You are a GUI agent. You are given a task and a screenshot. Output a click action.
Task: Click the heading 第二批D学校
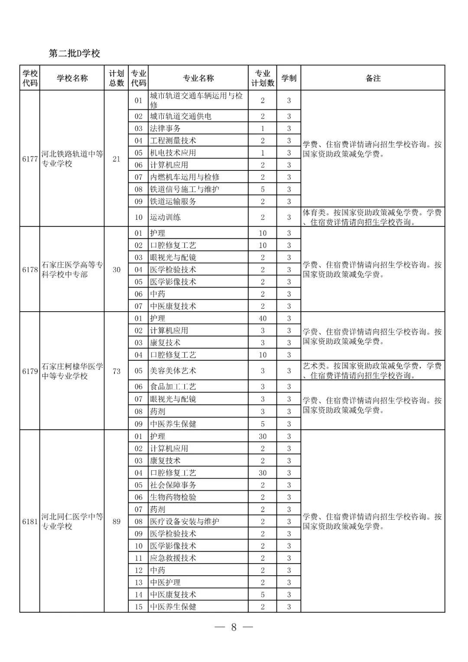[x=75, y=53]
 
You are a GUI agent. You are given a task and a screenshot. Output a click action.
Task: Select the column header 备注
[x=373, y=78]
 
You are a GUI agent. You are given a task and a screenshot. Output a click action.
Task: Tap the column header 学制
[x=289, y=78]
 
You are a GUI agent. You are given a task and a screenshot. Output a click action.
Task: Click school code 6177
[x=30, y=159]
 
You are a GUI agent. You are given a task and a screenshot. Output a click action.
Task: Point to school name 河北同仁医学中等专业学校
[x=72, y=522]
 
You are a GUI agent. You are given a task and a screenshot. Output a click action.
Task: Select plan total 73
[x=116, y=371]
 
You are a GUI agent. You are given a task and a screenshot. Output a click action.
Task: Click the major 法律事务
[x=165, y=128]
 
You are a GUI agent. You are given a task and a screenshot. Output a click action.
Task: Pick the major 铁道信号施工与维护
[x=185, y=189]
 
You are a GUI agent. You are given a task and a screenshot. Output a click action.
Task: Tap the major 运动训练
[x=165, y=217]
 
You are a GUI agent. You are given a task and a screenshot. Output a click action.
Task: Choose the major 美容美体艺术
[x=173, y=371]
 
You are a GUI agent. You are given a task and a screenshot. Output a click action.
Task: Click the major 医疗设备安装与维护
[x=185, y=521]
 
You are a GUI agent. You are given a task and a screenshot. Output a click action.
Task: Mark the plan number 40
[x=263, y=318]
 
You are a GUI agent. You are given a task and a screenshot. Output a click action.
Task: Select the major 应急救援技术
[x=173, y=558]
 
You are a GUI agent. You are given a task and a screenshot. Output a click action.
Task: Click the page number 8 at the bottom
[x=234, y=627]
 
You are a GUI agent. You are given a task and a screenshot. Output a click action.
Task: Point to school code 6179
[x=30, y=371]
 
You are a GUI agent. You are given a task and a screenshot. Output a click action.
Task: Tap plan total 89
[x=116, y=522]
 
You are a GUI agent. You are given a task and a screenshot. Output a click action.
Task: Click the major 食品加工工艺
[x=173, y=387]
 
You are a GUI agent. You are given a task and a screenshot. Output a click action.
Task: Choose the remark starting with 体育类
[x=373, y=217]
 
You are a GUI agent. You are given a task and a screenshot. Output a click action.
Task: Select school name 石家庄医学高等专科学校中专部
[x=72, y=270]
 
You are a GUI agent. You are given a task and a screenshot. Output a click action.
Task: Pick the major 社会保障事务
[x=173, y=485]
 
